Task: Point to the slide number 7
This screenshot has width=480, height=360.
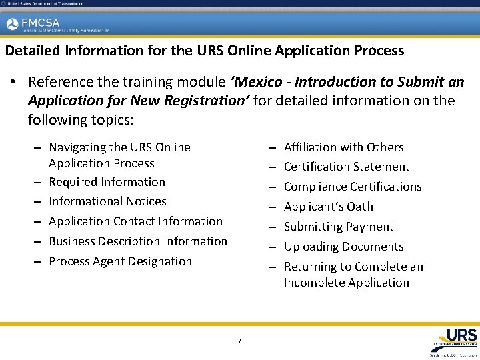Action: pyautogui.click(x=239, y=342)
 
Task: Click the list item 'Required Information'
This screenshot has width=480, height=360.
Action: pyautogui.click(x=107, y=182)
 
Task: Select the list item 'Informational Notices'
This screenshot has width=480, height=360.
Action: pyautogui.click(x=107, y=201)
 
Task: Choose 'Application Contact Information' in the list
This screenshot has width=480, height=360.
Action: pyautogui.click(x=135, y=221)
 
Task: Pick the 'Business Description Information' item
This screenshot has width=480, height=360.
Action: pyautogui.click(x=138, y=241)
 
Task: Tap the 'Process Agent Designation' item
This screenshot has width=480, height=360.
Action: pyautogui.click(x=120, y=261)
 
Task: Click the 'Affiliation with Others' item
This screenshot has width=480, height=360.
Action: pyautogui.click(x=343, y=147)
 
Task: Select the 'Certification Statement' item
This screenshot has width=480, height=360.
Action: pyautogui.click(x=347, y=167)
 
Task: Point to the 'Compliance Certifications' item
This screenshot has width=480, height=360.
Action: pyautogui.click(x=353, y=187)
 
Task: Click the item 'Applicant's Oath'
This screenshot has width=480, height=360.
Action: pyautogui.click(x=328, y=207)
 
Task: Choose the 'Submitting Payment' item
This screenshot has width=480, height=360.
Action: pyautogui.click(x=339, y=227)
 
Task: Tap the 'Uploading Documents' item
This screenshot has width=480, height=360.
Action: pyautogui.click(x=343, y=247)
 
